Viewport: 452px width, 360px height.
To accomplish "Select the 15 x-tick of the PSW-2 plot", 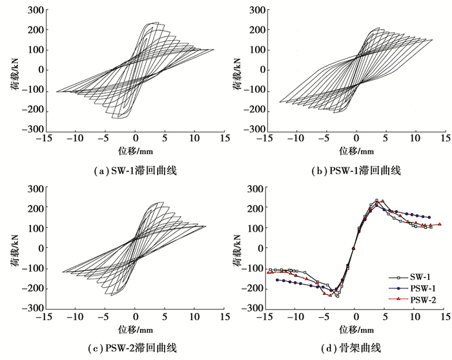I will [x=223, y=318].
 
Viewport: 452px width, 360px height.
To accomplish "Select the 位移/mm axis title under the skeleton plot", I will [x=356, y=329].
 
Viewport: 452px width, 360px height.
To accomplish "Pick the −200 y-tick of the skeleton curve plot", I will [x=252, y=288].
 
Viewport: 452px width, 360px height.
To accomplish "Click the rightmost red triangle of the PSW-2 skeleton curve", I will [x=440, y=224].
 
